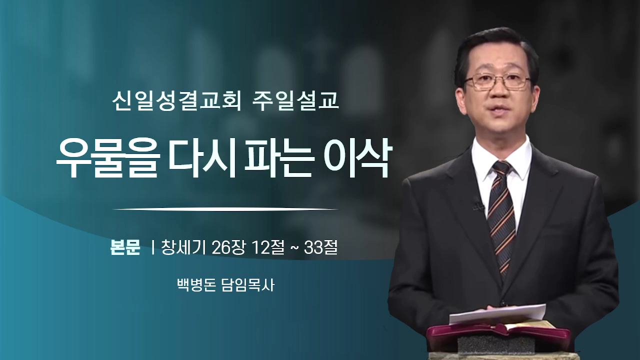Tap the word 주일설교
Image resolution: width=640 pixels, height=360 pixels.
(295, 101)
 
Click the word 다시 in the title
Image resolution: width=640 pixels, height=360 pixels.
(201, 158)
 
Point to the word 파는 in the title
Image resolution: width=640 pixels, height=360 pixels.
(277, 158)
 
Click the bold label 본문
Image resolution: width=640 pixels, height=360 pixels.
(125, 247)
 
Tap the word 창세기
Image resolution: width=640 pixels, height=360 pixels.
(183, 247)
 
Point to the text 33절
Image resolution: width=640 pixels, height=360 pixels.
(321, 247)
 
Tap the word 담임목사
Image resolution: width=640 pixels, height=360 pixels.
(248, 285)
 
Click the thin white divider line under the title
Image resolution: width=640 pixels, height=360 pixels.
(225, 209)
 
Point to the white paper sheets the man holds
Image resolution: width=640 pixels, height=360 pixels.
(497, 313)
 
